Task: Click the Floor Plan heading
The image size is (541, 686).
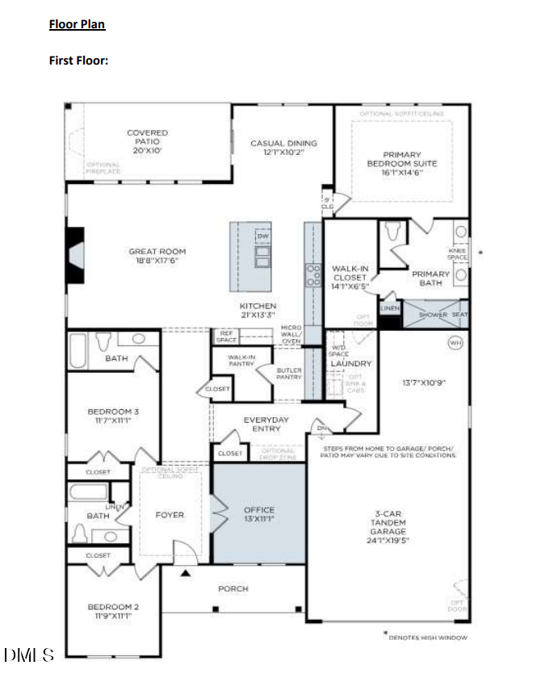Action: [77, 24]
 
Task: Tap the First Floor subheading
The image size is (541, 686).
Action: [78, 60]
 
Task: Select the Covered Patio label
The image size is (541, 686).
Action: [147, 141]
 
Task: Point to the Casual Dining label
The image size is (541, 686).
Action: [283, 148]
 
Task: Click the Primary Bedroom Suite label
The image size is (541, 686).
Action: [401, 163]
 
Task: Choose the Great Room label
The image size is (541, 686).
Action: [157, 256]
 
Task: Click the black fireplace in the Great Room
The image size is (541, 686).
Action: [75, 255]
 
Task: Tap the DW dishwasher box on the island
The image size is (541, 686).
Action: [262, 236]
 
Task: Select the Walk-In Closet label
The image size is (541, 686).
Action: [350, 277]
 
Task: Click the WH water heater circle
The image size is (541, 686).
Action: [456, 343]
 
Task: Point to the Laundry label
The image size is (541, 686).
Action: [350, 364]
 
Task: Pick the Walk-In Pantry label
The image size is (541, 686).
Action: [241, 360]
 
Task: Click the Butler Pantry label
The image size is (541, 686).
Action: [289, 374]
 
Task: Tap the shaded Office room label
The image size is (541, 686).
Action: [259, 514]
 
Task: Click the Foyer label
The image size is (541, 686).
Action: [169, 515]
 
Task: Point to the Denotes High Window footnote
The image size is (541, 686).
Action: [426, 637]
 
